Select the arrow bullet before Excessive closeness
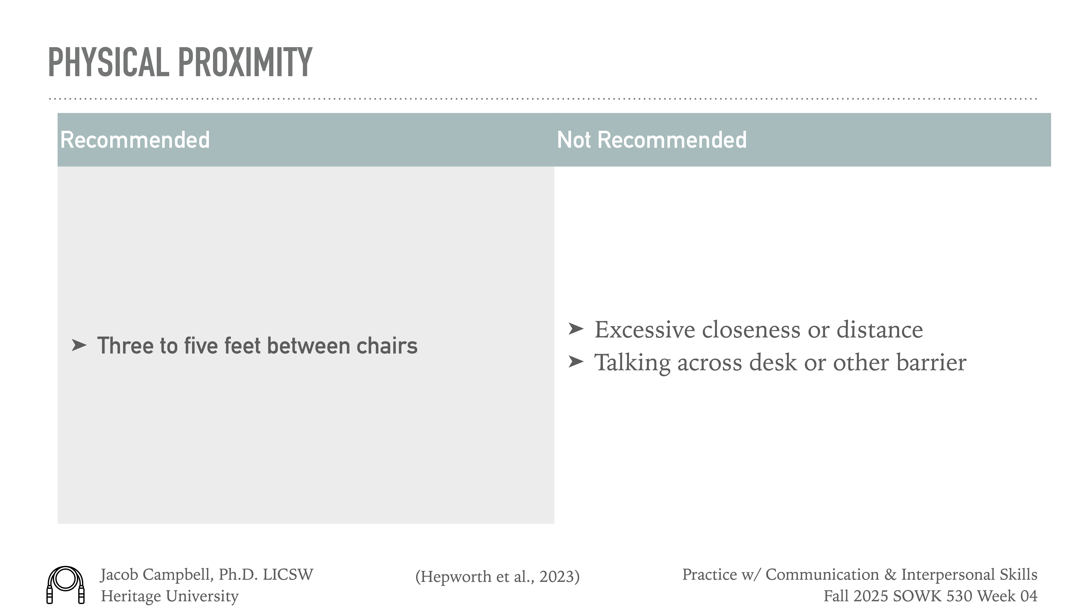576,328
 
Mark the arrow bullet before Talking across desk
576,361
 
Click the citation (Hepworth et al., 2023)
497,576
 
